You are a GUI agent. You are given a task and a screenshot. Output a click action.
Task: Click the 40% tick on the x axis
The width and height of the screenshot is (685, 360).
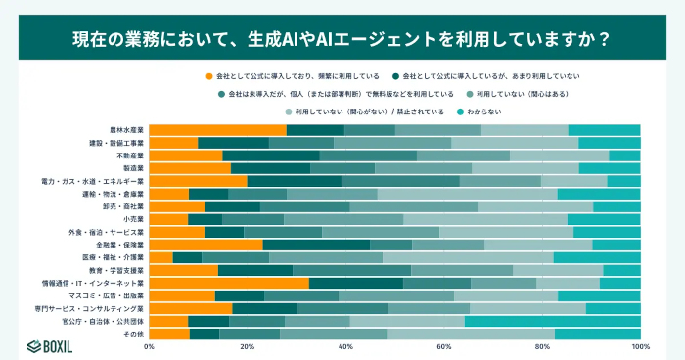(345, 346)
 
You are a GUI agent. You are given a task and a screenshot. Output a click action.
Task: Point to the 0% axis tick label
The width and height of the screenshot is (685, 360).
(149, 346)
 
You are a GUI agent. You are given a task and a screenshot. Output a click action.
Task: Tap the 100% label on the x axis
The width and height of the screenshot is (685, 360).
(641, 346)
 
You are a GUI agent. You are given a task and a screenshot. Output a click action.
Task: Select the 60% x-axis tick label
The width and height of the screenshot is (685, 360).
(443, 346)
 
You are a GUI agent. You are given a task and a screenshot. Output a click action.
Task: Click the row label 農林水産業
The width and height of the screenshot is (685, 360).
(127, 130)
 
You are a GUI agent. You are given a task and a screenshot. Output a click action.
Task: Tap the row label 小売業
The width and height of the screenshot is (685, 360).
(133, 219)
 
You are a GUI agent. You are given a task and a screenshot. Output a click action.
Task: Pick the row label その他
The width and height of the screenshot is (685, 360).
(133, 334)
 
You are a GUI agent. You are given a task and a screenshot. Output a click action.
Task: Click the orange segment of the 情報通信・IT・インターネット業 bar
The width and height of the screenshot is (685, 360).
(229, 283)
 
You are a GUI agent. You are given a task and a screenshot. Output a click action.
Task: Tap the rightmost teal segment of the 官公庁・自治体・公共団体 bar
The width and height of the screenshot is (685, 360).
(552, 321)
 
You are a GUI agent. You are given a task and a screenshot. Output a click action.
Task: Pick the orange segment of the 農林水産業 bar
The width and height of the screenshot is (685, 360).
(217, 130)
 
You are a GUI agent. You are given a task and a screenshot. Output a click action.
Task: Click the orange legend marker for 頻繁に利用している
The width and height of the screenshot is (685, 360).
(208, 75)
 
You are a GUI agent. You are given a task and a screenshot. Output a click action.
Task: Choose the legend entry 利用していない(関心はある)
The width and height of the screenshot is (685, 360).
(513, 94)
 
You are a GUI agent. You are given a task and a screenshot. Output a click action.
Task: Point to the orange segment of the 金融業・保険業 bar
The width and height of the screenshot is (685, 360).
(205, 245)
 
